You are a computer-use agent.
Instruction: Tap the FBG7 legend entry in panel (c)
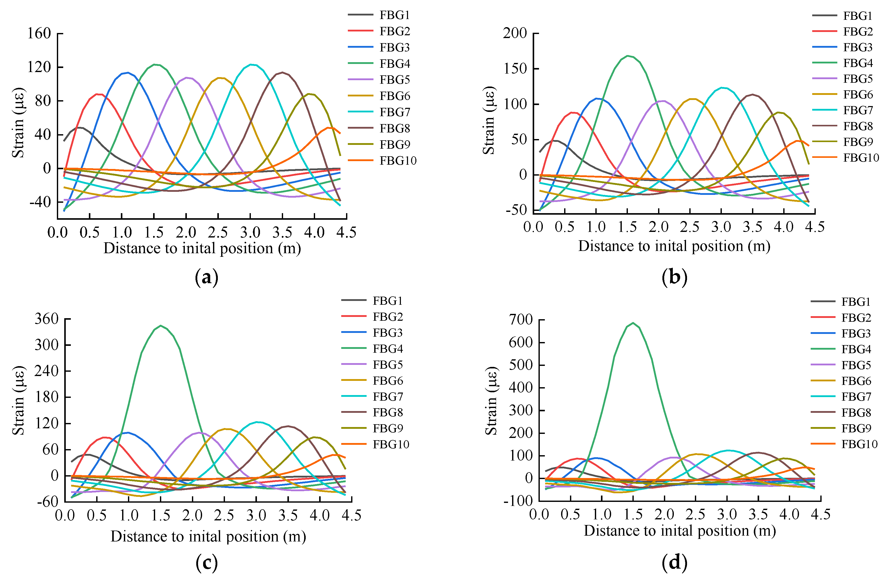387,396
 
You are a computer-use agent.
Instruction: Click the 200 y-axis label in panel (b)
515,33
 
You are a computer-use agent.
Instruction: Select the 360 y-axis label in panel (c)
46,319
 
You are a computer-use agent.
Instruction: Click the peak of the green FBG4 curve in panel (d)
633,323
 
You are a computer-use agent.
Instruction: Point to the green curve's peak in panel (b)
627,56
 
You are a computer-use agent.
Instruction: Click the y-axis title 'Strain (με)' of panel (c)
19,400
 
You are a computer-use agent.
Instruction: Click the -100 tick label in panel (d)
517,501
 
